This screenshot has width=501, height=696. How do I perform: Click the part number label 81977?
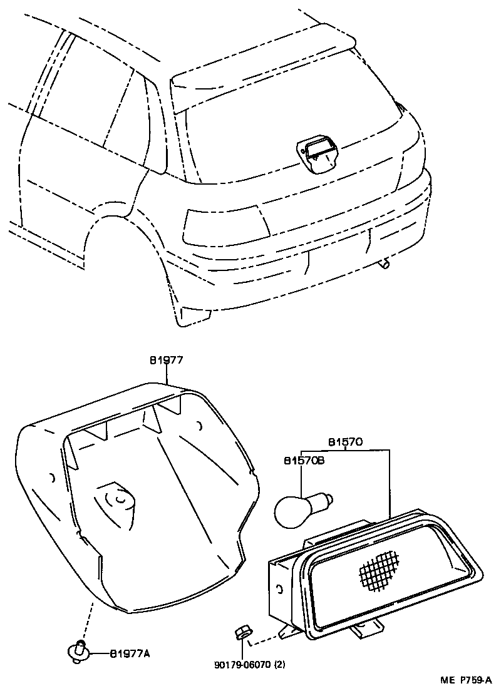click(x=166, y=360)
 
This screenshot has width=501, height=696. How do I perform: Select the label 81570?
click(x=346, y=443)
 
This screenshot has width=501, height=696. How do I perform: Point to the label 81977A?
click(x=130, y=654)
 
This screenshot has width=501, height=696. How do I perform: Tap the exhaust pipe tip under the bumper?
click(x=385, y=265)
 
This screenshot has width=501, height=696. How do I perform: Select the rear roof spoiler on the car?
click(x=263, y=69)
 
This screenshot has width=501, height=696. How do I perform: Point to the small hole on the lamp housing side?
click(x=279, y=589)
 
